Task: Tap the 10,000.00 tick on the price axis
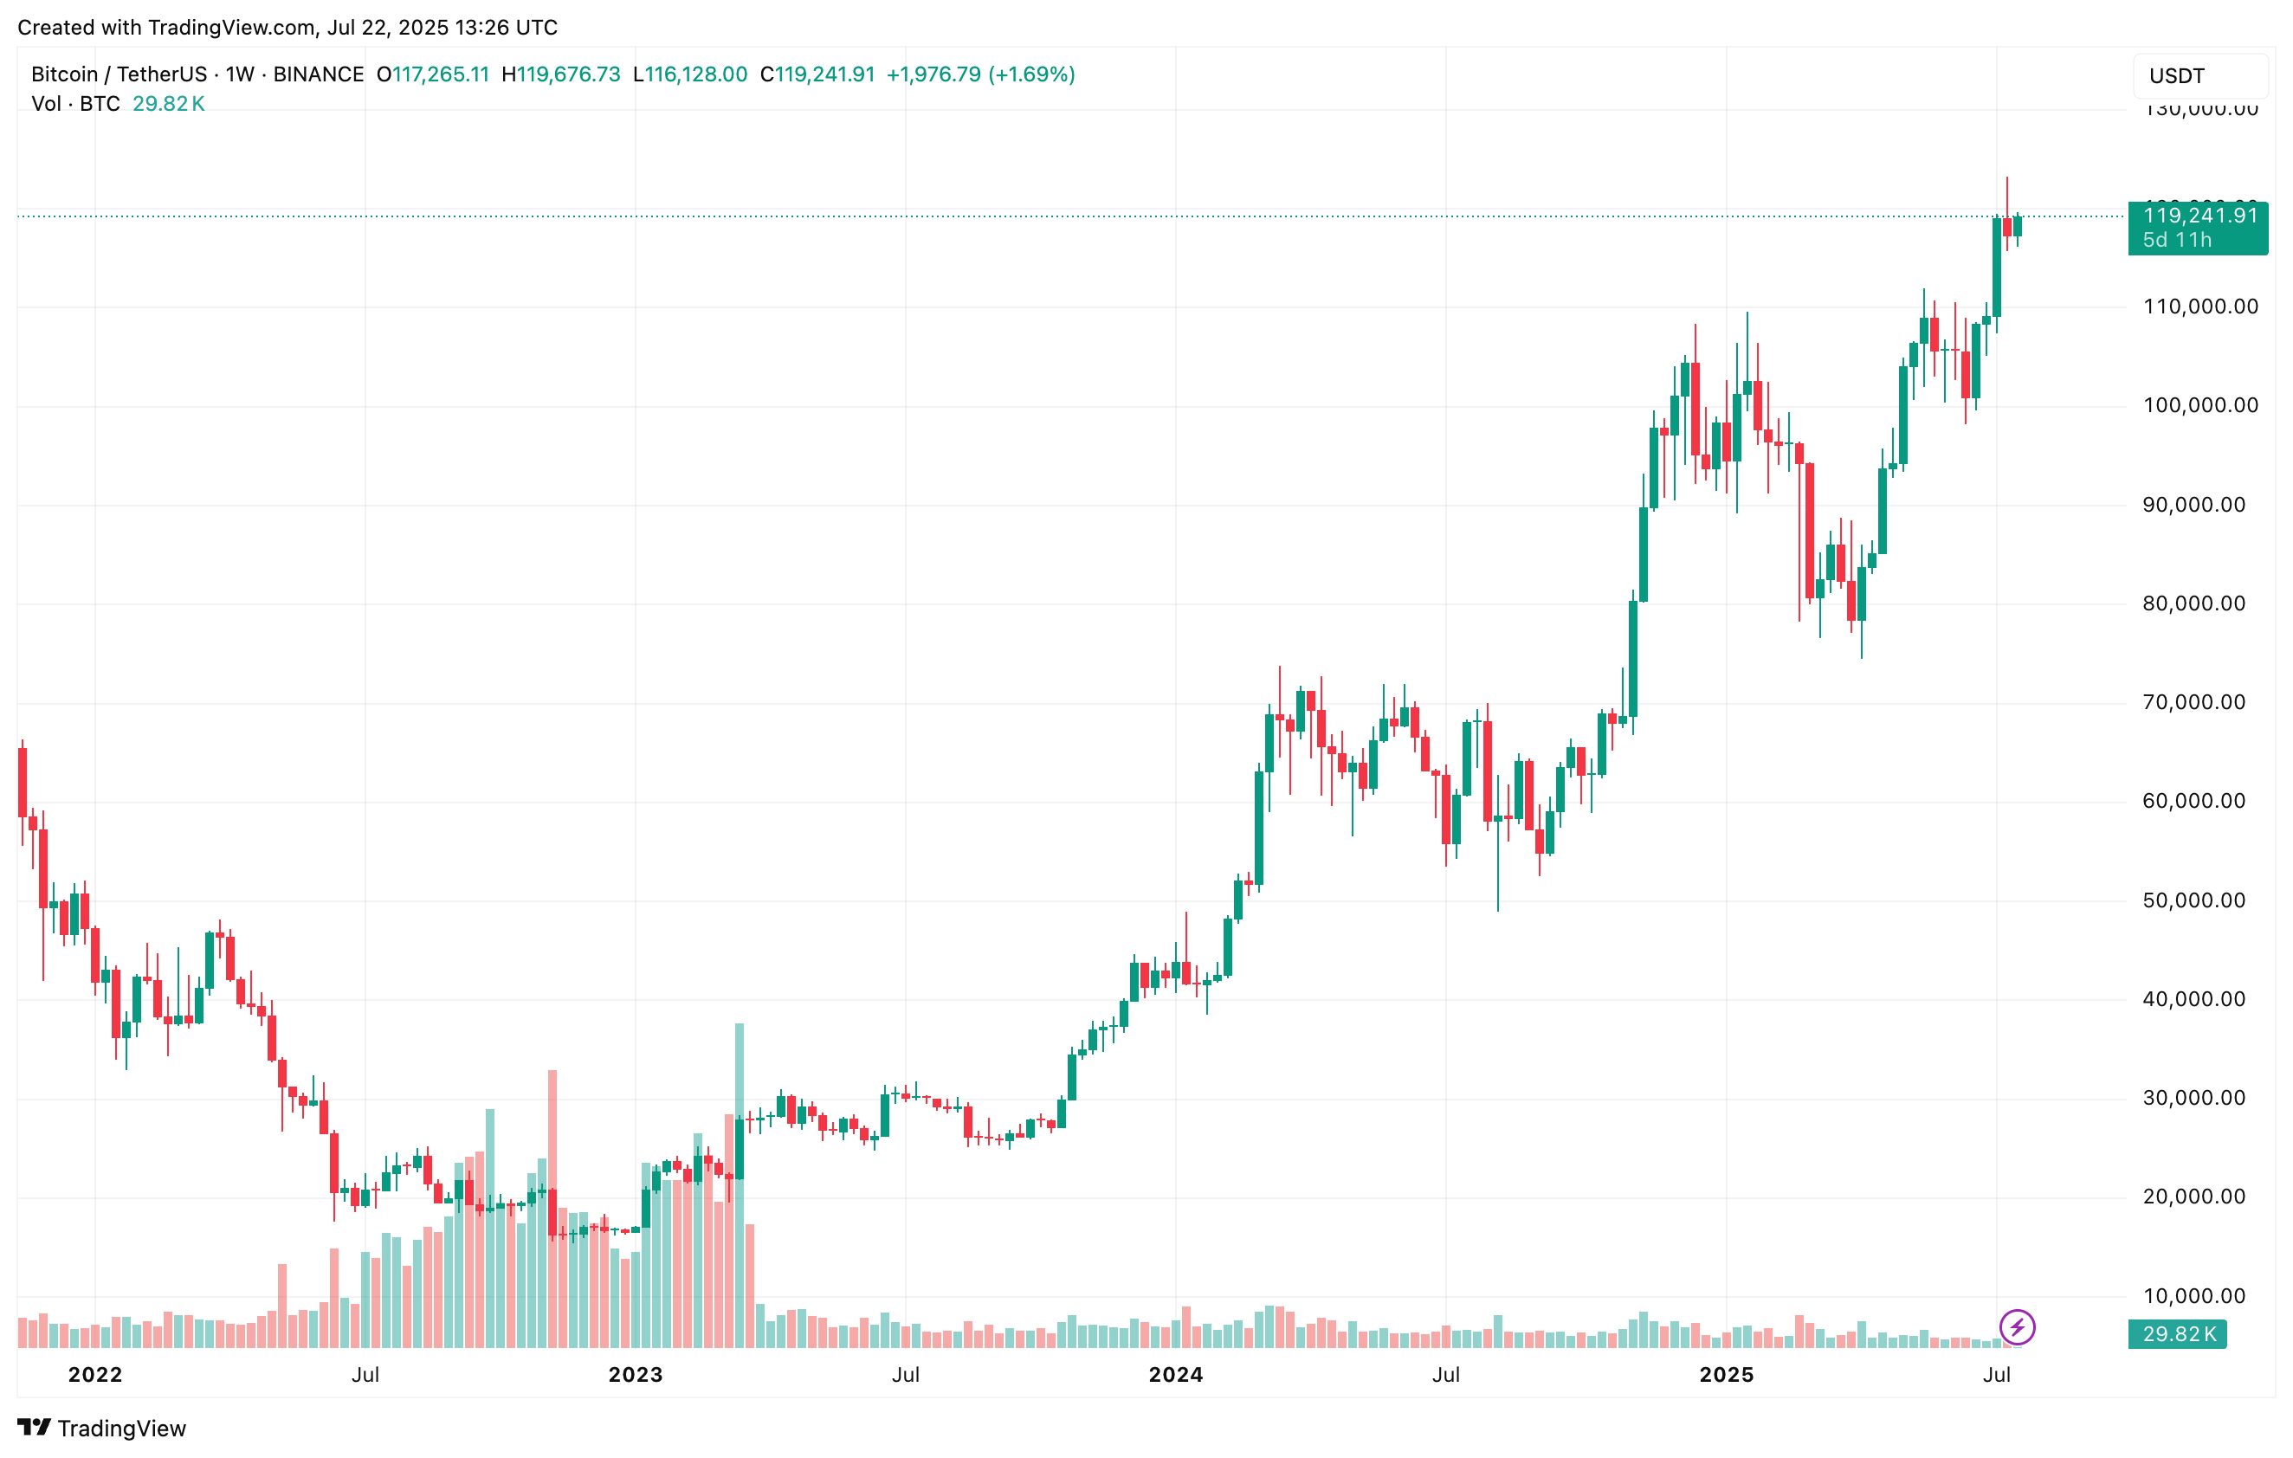(x=2193, y=1296)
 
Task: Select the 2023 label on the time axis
(x=635, y=1374)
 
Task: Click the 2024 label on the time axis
(x=1175, y=1374)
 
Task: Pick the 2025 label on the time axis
(x=1726, y=1374)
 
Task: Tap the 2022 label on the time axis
(x=95, y=1374)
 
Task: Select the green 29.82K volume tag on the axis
(x=2178, y=1334)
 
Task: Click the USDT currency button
(x=2199, y=76)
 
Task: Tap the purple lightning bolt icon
(x=2017, y=1326)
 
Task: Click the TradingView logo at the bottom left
(x=102, y=1428)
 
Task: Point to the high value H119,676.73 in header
(x=561, y=74)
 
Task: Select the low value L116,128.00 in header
(x=690, y=74)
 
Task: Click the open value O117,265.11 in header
(x=432, y=74)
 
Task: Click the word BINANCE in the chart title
(x=318, y=74)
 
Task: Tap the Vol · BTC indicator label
(x=76, y=104)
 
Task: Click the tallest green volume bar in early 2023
(x=739, y=1181)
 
